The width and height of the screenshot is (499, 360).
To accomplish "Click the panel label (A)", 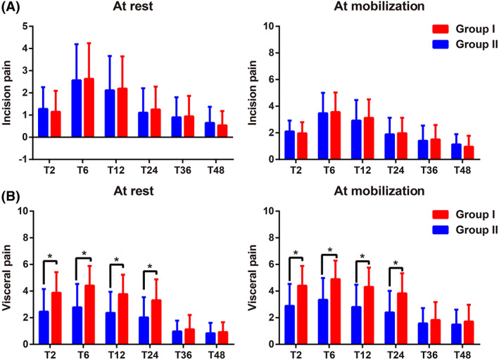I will pos(13,8).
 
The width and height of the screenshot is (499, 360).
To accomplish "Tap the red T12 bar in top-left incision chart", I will pos(123,112).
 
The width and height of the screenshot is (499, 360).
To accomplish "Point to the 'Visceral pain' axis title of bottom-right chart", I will pos(262,277).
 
